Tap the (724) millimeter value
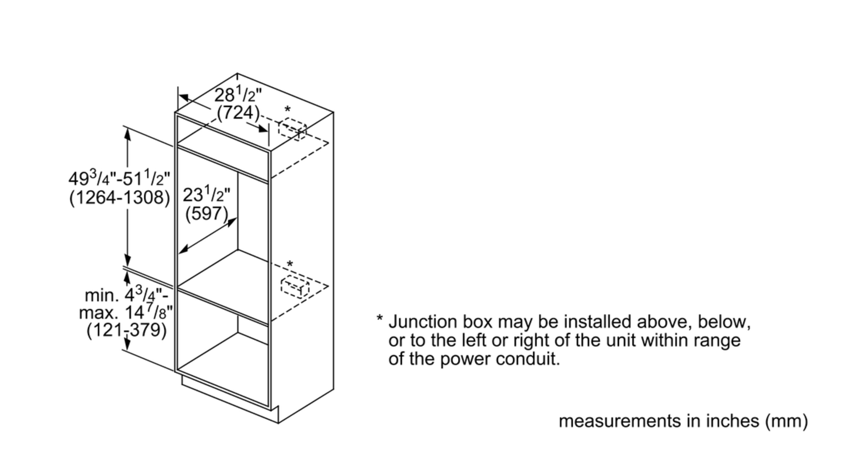(x=238, y=113)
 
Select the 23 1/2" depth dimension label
(x=206, y=195)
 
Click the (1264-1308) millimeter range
(x=120, y=198)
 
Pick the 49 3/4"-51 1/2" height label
(x=120, y=179)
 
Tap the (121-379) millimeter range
(x=127, y=330)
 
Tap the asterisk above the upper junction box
(x=287, y=109)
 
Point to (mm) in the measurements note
(x=786, y=421)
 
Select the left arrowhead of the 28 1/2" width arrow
(x=184, y=97)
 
